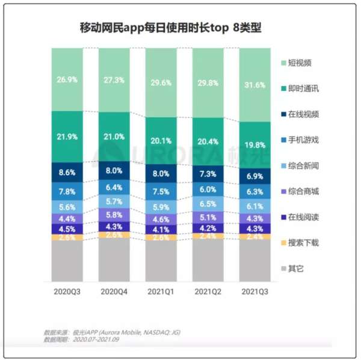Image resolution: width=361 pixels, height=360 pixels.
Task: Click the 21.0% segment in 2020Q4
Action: pos(114,136)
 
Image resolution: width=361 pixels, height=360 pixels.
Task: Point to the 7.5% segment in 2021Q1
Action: pos(161,191)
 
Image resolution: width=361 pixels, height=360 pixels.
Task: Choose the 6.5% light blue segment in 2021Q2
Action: pos(208,203)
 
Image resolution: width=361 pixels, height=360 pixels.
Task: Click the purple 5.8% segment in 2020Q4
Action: pos(114,214)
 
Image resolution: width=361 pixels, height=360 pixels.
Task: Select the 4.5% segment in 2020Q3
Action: pos(67,228)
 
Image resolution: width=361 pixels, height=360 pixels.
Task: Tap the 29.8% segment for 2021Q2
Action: pos(208,83)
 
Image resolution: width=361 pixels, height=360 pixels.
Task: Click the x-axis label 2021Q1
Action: pos(161,291)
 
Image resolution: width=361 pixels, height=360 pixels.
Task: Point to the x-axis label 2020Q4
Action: pos(114,291)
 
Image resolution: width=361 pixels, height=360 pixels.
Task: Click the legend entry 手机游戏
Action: pos(301,139)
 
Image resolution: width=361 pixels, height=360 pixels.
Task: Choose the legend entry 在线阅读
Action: pos(301,216)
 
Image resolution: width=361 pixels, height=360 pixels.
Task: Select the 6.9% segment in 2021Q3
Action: pos(255,175)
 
